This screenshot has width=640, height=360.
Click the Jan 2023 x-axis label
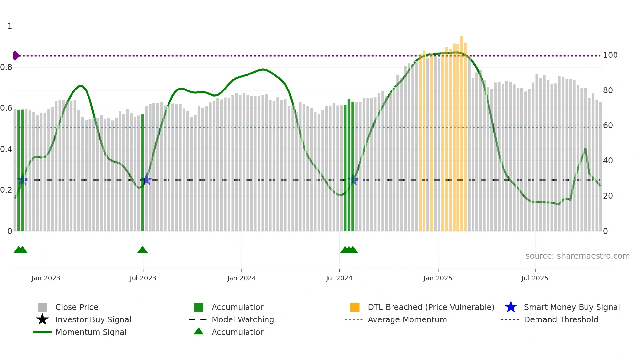point(46,278)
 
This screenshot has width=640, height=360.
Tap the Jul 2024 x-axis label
point(339,278)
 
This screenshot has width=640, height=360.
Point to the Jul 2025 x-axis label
point(535,278)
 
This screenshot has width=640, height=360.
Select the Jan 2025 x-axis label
point(438,278)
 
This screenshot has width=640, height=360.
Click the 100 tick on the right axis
point(610,55)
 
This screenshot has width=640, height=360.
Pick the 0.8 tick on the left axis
point(6,67)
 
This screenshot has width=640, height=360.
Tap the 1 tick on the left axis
point(10,26)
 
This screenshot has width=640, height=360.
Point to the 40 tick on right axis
point(608,161)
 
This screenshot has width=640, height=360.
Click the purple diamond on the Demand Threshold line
point(16,56)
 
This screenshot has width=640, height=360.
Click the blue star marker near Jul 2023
point(146,179)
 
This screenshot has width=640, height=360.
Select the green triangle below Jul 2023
point(142,250)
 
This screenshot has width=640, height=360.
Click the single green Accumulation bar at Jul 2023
point(142,173)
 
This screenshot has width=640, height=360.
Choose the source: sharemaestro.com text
point(577,256)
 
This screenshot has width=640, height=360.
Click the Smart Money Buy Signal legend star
point(511,307)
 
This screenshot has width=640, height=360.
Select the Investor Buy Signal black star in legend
point(42,319)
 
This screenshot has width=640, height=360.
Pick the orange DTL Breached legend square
point(354,307)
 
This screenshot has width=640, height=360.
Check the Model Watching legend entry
point(242,319)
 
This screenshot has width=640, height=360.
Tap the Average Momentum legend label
point(407,319)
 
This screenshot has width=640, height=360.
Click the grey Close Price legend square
point(42,307)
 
